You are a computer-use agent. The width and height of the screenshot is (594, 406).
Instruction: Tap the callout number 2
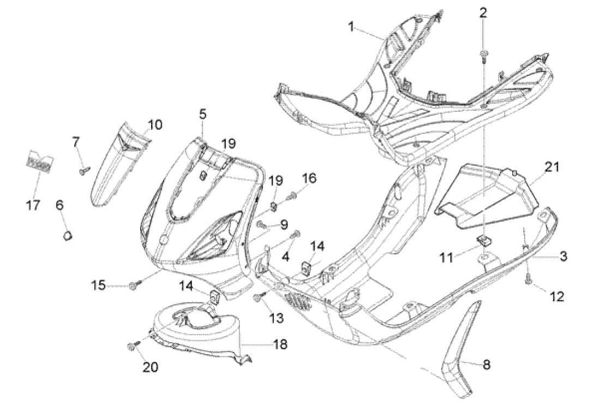coord(483,13)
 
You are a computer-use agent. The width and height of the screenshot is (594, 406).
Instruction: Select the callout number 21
coord(552,168)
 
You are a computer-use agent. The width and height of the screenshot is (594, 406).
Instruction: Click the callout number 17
coord(34,205)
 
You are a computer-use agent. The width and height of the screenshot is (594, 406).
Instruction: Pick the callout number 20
coord(150,367)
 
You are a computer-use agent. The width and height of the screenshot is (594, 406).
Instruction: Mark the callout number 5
coord(202,114)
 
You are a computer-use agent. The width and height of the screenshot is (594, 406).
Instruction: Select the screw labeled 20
coord(133,345)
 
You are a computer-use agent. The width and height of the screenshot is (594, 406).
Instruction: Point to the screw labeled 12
coord(529,279)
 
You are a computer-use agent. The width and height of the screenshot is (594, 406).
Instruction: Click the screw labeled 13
coord(259,297)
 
